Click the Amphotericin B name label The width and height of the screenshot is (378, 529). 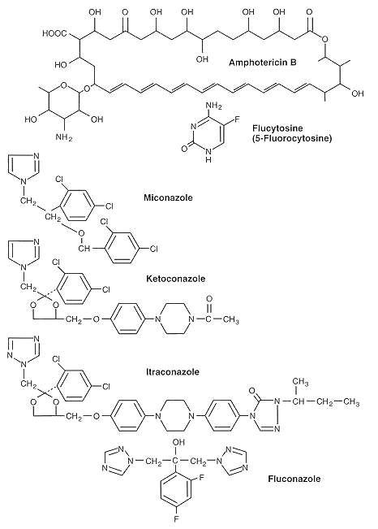tap(263, 63)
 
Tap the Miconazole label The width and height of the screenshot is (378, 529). tap(168, 197)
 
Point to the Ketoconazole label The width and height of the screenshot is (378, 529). tap(175, 279)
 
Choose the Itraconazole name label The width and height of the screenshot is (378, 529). tap(173, 372)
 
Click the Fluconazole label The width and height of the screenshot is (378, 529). tap(294, 479)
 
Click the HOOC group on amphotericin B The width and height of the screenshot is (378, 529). tap(55, 33)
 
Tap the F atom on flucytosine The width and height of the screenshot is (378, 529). tap(237, 119)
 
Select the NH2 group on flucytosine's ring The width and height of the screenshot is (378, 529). tap(213, 106)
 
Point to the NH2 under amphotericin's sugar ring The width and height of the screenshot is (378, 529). tap(64, 138)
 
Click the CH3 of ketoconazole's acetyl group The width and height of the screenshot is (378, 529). tap(230, 319)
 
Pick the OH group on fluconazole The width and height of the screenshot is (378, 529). tap(178, 442)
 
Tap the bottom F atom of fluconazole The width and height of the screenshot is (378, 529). tap(176, 519)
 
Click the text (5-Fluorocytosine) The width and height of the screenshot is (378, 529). tap(292, 138)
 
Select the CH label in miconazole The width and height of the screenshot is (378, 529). tap(84, 249)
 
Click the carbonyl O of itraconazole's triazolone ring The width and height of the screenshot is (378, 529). tap(251, 392)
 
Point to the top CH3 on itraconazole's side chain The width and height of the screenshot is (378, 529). tap(300, 382)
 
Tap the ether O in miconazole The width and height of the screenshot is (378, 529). tap(81, 233)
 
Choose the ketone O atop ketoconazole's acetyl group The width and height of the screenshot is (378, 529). tap(209, 299)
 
